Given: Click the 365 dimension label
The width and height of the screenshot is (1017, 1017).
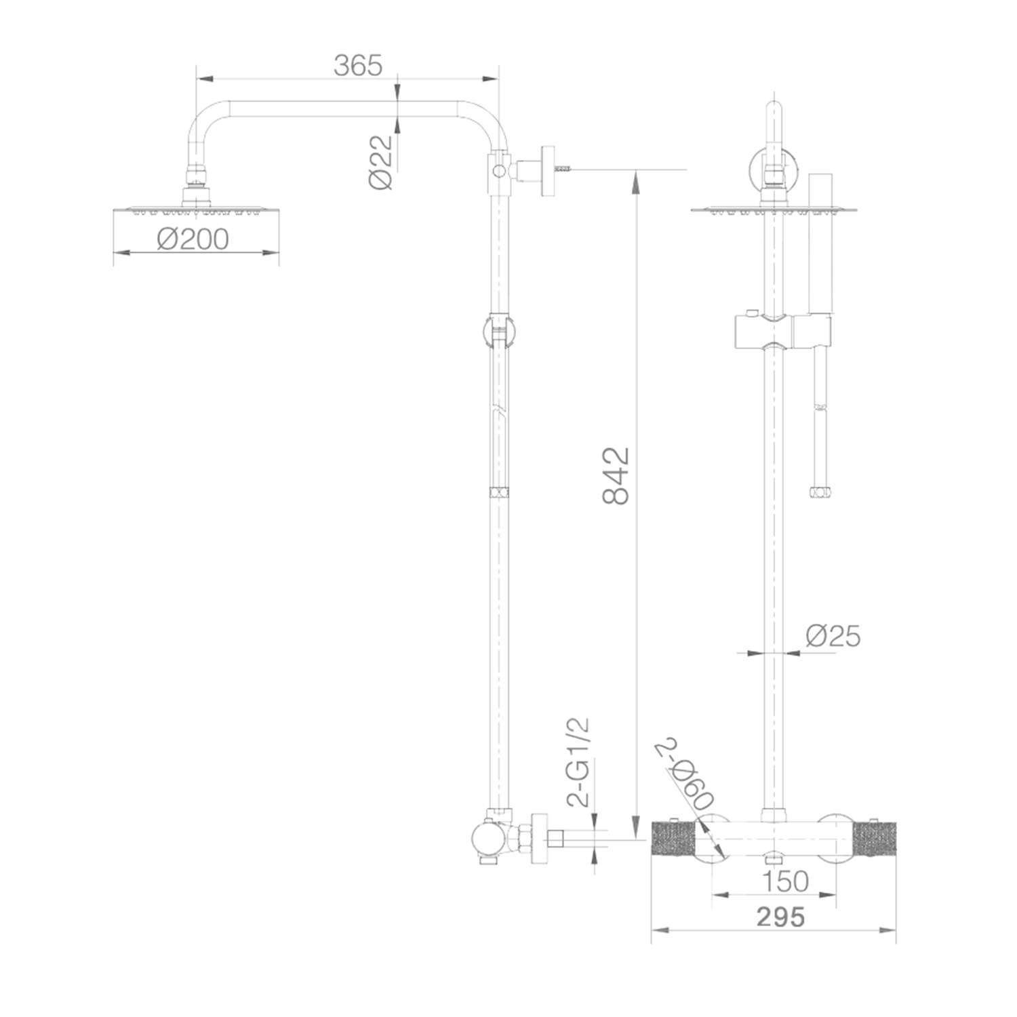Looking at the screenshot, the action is pos(359,65).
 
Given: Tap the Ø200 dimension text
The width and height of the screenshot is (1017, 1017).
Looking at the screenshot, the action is pos(193,239).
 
